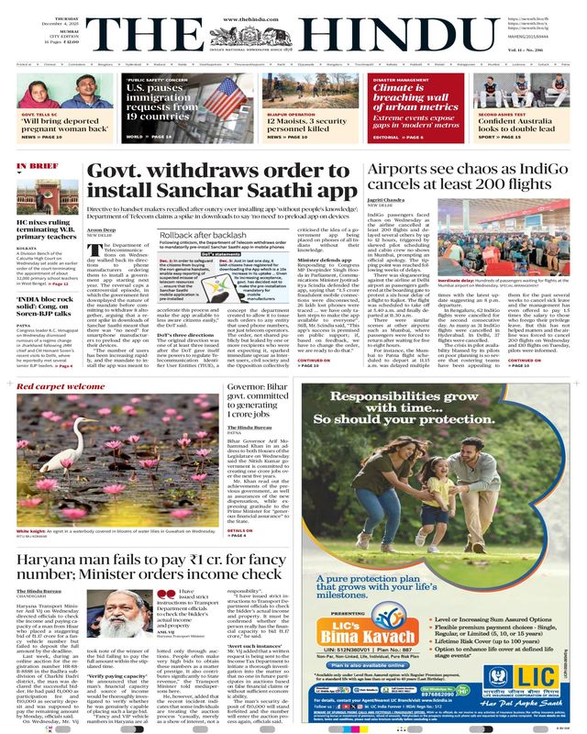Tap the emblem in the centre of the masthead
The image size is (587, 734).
[x=293, y=34]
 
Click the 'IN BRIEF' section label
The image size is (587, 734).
[x=34, y=167]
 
